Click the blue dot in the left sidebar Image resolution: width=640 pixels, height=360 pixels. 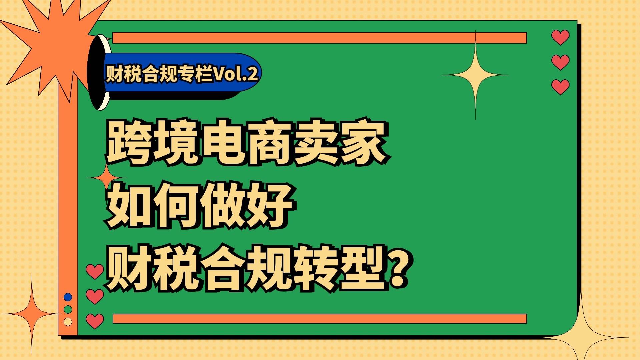(x=68, y=297)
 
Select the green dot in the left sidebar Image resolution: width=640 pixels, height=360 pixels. (x=68, y=309)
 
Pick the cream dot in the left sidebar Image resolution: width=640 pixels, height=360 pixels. (x=68, y=322)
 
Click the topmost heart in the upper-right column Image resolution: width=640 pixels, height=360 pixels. (x=560, y=37)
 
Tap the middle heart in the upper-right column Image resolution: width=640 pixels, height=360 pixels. (x=560, y=62)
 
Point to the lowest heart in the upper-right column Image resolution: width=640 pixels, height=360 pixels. (x=560, y=87)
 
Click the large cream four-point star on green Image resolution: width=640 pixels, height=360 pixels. (x=475, y=75)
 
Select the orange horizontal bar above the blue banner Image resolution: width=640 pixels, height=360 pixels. (x=320, y=38)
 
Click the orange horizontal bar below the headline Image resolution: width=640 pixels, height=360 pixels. (x=320, y=319)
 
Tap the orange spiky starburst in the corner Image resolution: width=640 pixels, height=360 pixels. (x=50, y=43)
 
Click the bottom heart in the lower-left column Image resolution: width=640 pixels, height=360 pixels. (x=95, y=321)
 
